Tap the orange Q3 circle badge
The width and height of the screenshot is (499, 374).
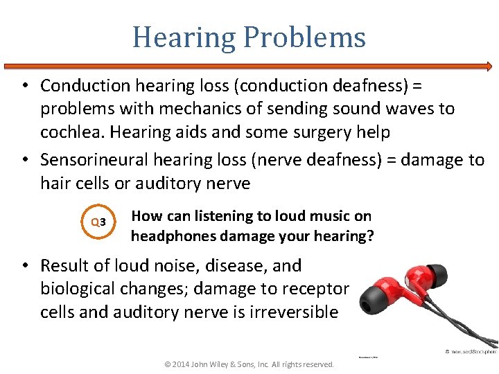click(98, 222)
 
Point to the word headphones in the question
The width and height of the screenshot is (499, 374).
click(173, 236)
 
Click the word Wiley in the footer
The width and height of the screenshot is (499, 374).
click(233, 364)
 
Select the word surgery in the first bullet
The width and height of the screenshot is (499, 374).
click(312, 132)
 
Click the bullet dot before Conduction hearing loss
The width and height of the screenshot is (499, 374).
click(24, 86)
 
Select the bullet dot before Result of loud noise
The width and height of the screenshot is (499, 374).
click(24, 267)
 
